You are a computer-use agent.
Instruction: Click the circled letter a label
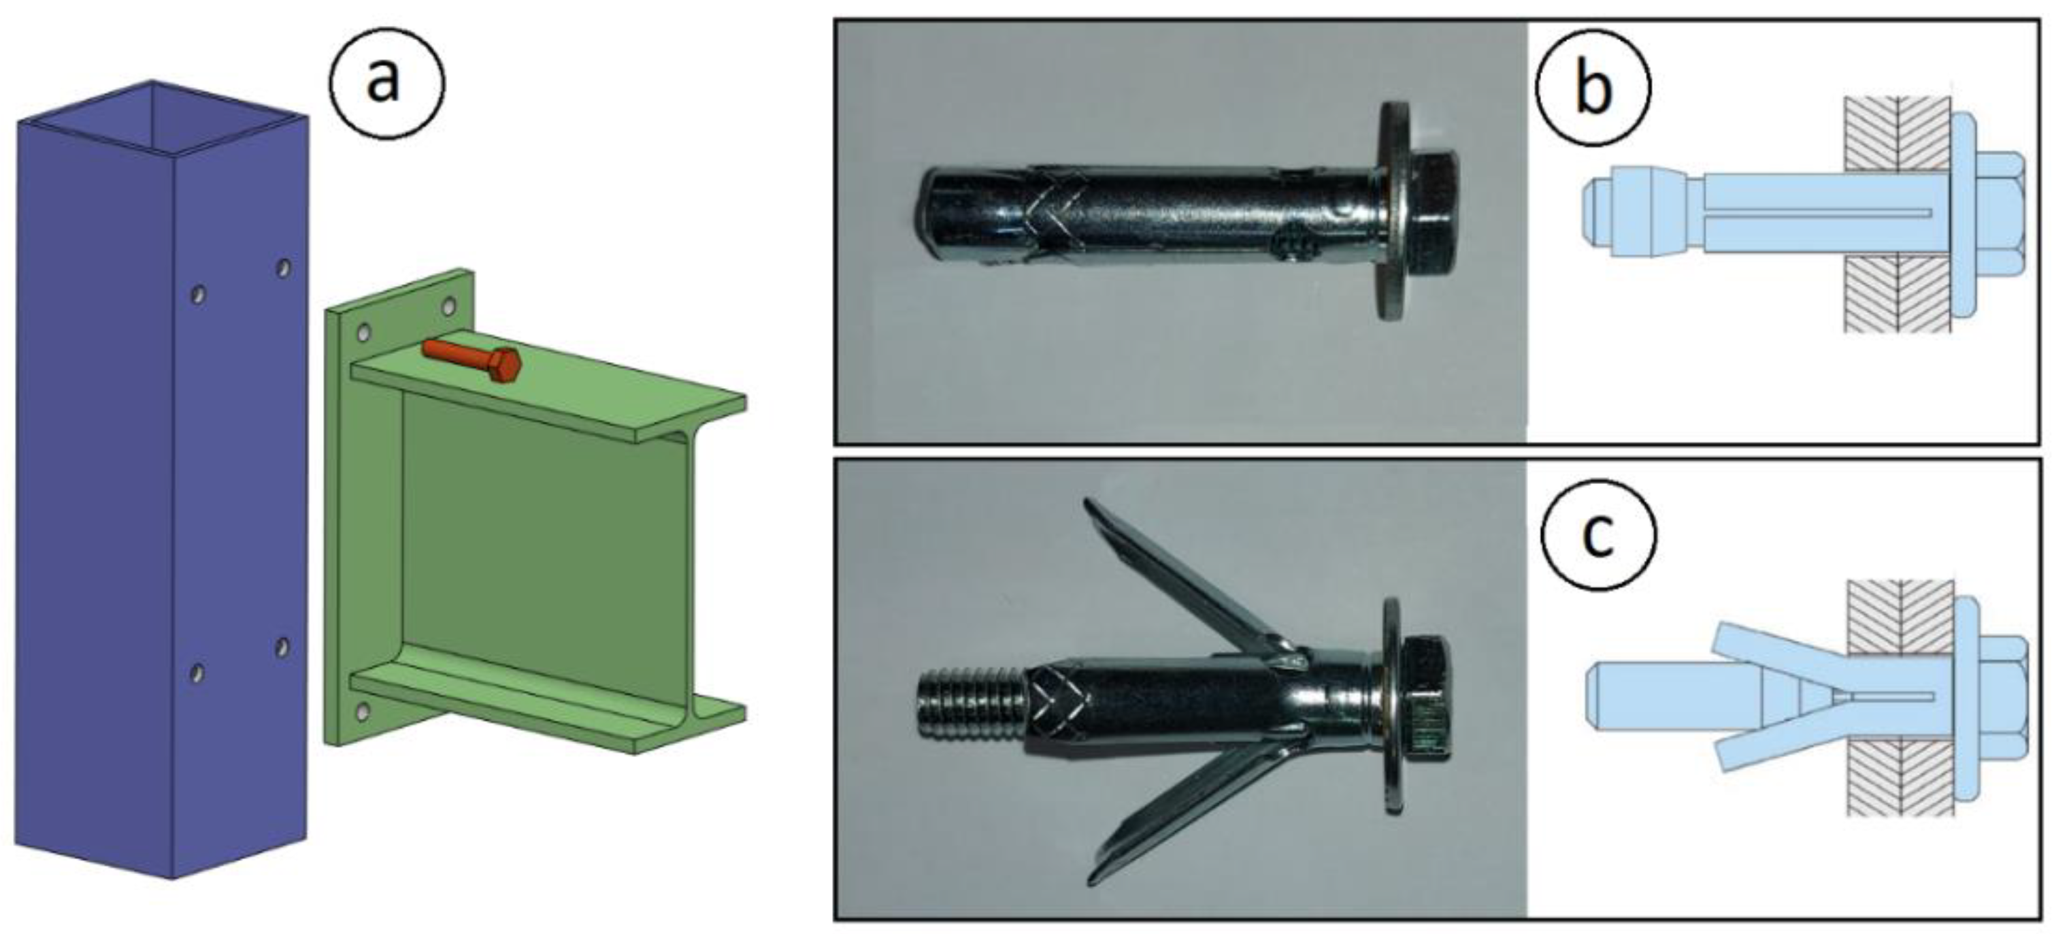coord(386,83)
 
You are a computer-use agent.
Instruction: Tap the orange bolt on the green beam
coord(472,361)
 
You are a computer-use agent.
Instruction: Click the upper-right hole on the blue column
coord(283,268)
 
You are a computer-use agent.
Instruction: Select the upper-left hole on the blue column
coord(199,295)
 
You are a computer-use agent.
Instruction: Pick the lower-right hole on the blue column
coord(282,647)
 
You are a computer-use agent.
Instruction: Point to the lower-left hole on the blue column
coord(196,673)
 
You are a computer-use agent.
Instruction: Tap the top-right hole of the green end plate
coord(449,307)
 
